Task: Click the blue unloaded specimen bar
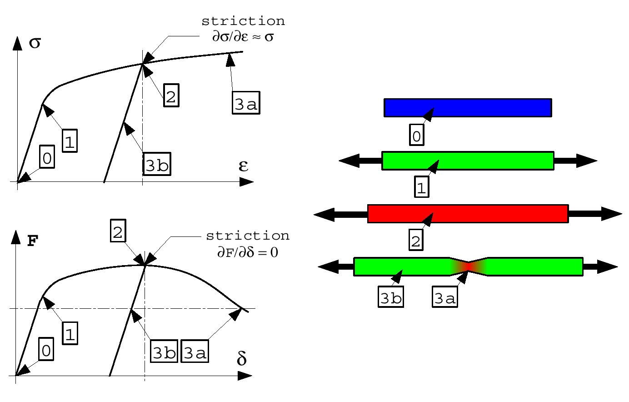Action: tap(468, 108)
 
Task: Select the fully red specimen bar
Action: tap(468, 214)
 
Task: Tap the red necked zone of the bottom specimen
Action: tap(469, 266)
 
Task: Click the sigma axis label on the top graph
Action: tap(35, 43)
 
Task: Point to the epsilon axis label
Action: tap(244, 166)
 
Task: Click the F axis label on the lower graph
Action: tap(33, 241)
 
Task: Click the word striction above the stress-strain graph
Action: tap(243, 21)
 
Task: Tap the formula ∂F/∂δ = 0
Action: tap(248, 252)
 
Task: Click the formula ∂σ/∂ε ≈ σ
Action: tap(243, 37)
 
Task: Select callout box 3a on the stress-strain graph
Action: tap(246, 103)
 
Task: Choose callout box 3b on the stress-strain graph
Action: tap(157, 164)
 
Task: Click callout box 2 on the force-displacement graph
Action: tap(118, 231)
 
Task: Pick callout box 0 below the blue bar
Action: tap(417, 135)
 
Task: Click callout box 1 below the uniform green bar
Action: tap(422, 187)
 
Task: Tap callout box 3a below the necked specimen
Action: tap(445, 297)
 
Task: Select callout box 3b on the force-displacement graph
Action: tap(164, 351)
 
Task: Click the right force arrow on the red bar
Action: tap(595, 214)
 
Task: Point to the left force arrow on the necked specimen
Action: tap(336, 266)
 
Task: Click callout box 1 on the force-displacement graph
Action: tap(70, 333)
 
